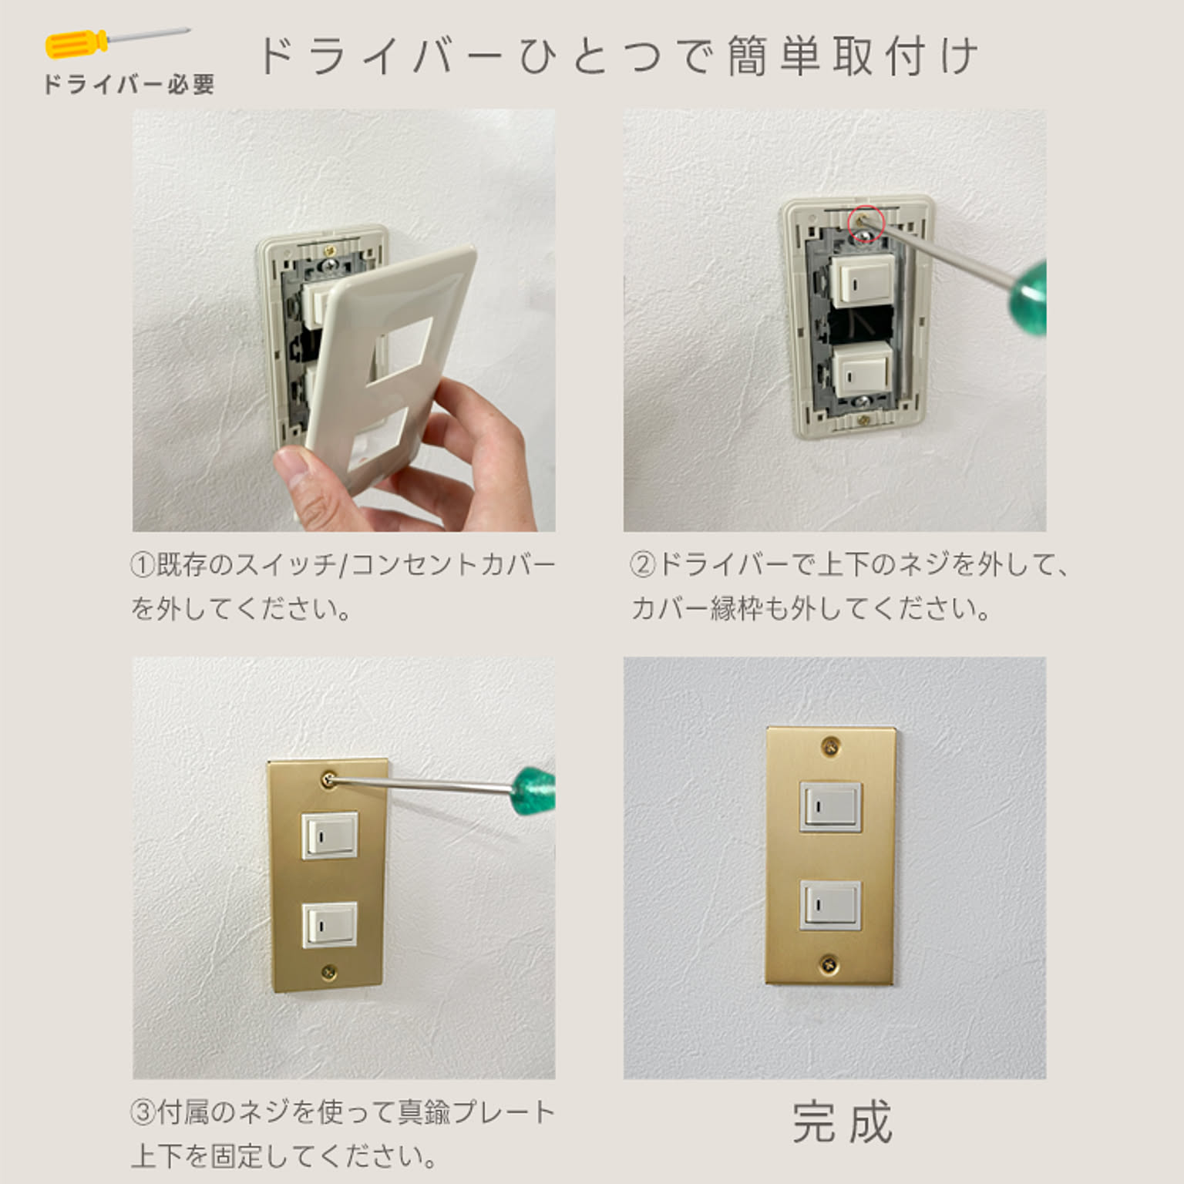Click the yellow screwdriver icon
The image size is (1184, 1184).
pos(116,42)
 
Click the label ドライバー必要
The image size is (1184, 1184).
pos(129,85)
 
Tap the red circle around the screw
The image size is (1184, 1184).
pos(865,224)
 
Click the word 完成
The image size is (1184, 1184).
pos(843,1122)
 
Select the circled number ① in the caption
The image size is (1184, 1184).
pos(143,565)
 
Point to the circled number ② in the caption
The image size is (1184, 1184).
pos(642,565)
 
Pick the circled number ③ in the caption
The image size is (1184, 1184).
pos(143,1112)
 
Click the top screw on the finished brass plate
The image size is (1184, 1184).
pos(830,745)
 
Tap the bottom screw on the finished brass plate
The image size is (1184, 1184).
pos(829,962)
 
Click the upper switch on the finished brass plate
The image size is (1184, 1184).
pos(830,806)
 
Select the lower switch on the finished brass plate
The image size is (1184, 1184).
pos(830,905)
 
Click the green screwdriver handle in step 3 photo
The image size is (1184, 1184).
pos(534,789)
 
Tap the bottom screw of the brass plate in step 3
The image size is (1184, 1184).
pos(329,972)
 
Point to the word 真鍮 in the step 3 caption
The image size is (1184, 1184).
pos(423,1112)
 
